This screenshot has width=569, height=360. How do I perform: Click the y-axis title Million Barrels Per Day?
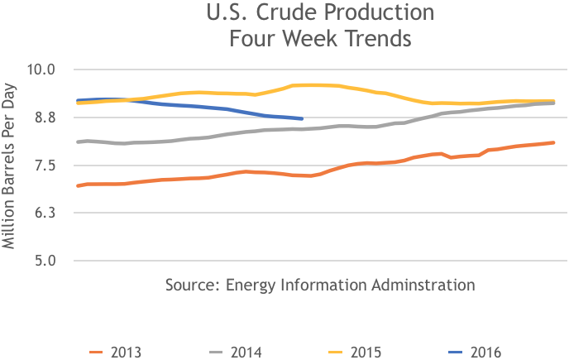click(11, 166)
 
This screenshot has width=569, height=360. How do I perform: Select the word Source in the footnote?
click(192, 286)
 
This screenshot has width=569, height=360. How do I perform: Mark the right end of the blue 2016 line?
click(302, 119)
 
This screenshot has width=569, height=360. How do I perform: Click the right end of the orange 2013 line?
click(553, 142)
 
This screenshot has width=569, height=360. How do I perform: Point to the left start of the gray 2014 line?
click(77, 142)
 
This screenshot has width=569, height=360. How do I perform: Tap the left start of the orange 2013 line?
click(77, 185)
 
